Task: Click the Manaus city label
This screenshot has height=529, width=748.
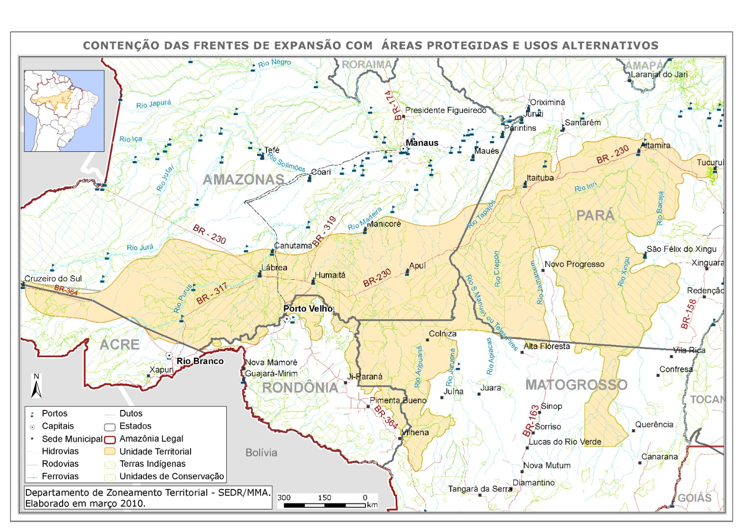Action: click(422, 143)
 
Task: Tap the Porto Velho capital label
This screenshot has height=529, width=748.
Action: click(308, 309)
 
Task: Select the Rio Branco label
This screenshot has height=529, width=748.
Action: click(200, 361)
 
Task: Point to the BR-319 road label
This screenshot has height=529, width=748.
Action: click(324, 231)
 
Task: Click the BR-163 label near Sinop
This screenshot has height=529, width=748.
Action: click(531, 420)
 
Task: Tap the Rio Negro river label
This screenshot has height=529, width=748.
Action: click(274, 63)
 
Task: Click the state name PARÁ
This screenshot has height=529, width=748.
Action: click(595, 216)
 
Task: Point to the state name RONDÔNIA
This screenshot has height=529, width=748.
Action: click(300, 387)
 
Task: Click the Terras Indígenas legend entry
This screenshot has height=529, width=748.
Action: click(152, 464)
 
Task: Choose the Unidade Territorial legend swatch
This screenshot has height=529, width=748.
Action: click(110, 452)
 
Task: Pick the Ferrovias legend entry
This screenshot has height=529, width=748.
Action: click(60, 476)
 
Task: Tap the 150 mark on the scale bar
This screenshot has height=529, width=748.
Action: click(324, 498)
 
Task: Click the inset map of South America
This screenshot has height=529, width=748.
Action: click(64, 111)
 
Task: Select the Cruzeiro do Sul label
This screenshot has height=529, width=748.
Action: click(53, 279)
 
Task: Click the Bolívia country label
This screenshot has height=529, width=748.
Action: click(261, 453)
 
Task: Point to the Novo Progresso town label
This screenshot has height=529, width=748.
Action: click(574, 264)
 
